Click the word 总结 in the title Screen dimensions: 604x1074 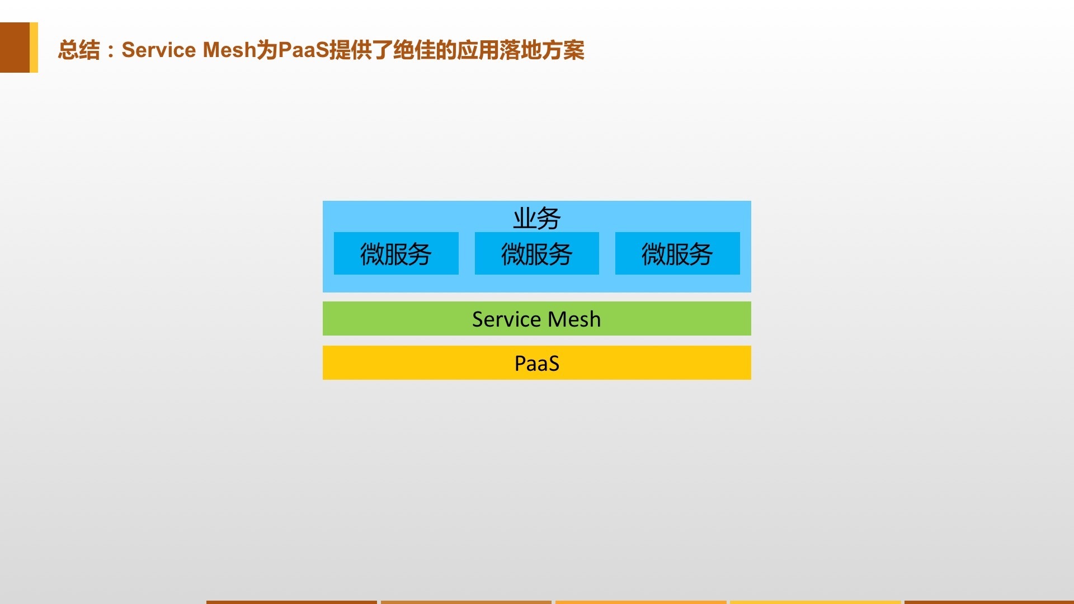pos(79,50)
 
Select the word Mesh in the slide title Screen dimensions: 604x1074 pos(229,50)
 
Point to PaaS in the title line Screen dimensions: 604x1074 pos(303,50)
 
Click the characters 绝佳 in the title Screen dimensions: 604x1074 pos(414,50)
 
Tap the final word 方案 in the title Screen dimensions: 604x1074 pos(563,50)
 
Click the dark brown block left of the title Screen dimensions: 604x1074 pos(15,48)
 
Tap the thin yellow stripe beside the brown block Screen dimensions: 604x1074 pos(34,48)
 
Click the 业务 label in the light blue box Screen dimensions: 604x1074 pos(537,218)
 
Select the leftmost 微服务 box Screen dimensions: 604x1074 pos(396,253)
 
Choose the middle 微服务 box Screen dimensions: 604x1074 pos(537,253)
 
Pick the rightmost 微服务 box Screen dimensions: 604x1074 pos(677,253)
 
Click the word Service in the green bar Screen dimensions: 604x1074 pos(507,319)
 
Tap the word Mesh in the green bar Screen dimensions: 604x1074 pos(574,319)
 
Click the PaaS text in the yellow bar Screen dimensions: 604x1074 pos(537,364)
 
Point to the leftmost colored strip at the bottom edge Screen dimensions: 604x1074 pos(291,602)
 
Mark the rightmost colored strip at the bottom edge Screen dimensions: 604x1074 pos(989,602)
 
